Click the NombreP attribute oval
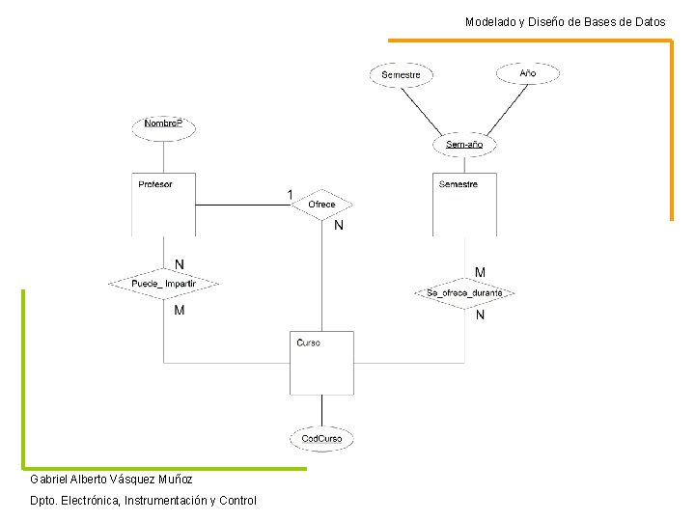[163, 124]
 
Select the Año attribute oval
[527, 73]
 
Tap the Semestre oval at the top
[401, 75]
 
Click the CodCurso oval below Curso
[321, 439]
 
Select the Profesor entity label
[155, 184]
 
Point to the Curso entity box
[321, 363]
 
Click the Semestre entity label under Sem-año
[458, 184]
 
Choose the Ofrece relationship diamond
[321, 205]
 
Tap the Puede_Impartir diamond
[163, 284]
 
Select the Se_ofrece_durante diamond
[464, 292]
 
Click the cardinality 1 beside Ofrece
[291, 195]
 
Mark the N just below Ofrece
[338, 227]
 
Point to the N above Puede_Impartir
[180, 264]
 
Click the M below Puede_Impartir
[180, 311]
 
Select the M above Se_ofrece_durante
[480, 273]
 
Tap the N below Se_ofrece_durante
[480, 315]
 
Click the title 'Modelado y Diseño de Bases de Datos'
[565, 21]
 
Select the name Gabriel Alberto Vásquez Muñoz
[111, 480]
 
